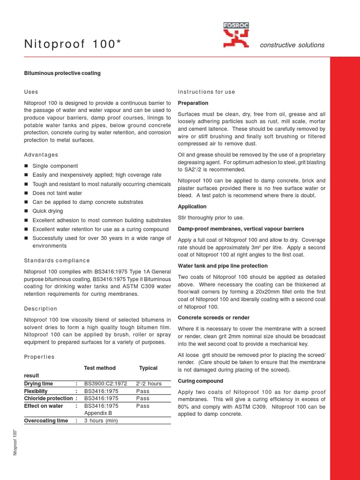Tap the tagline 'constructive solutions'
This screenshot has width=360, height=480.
[292, 45]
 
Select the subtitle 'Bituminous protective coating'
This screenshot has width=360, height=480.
[62, 74]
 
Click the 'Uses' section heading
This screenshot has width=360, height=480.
[31, 92]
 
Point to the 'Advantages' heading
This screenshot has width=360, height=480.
[41, 155]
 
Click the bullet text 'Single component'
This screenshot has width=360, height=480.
[55, 166]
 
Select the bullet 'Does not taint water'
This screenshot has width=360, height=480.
[57, 193]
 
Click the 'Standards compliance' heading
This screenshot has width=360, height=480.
[57, 261]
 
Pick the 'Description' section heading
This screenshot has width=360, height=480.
[40, 308]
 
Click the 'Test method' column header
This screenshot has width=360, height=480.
[99, 368]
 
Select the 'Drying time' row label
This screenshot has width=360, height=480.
[38, 383]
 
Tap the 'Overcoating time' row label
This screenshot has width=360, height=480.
[46, 420]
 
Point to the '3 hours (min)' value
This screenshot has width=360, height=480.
[101, 420]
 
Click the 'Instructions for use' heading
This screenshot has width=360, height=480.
[207, 92]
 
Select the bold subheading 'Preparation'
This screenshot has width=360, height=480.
[193, 103]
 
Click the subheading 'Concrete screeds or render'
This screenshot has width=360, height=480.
[214, 318]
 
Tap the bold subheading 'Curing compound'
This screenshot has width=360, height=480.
[201, 381]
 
